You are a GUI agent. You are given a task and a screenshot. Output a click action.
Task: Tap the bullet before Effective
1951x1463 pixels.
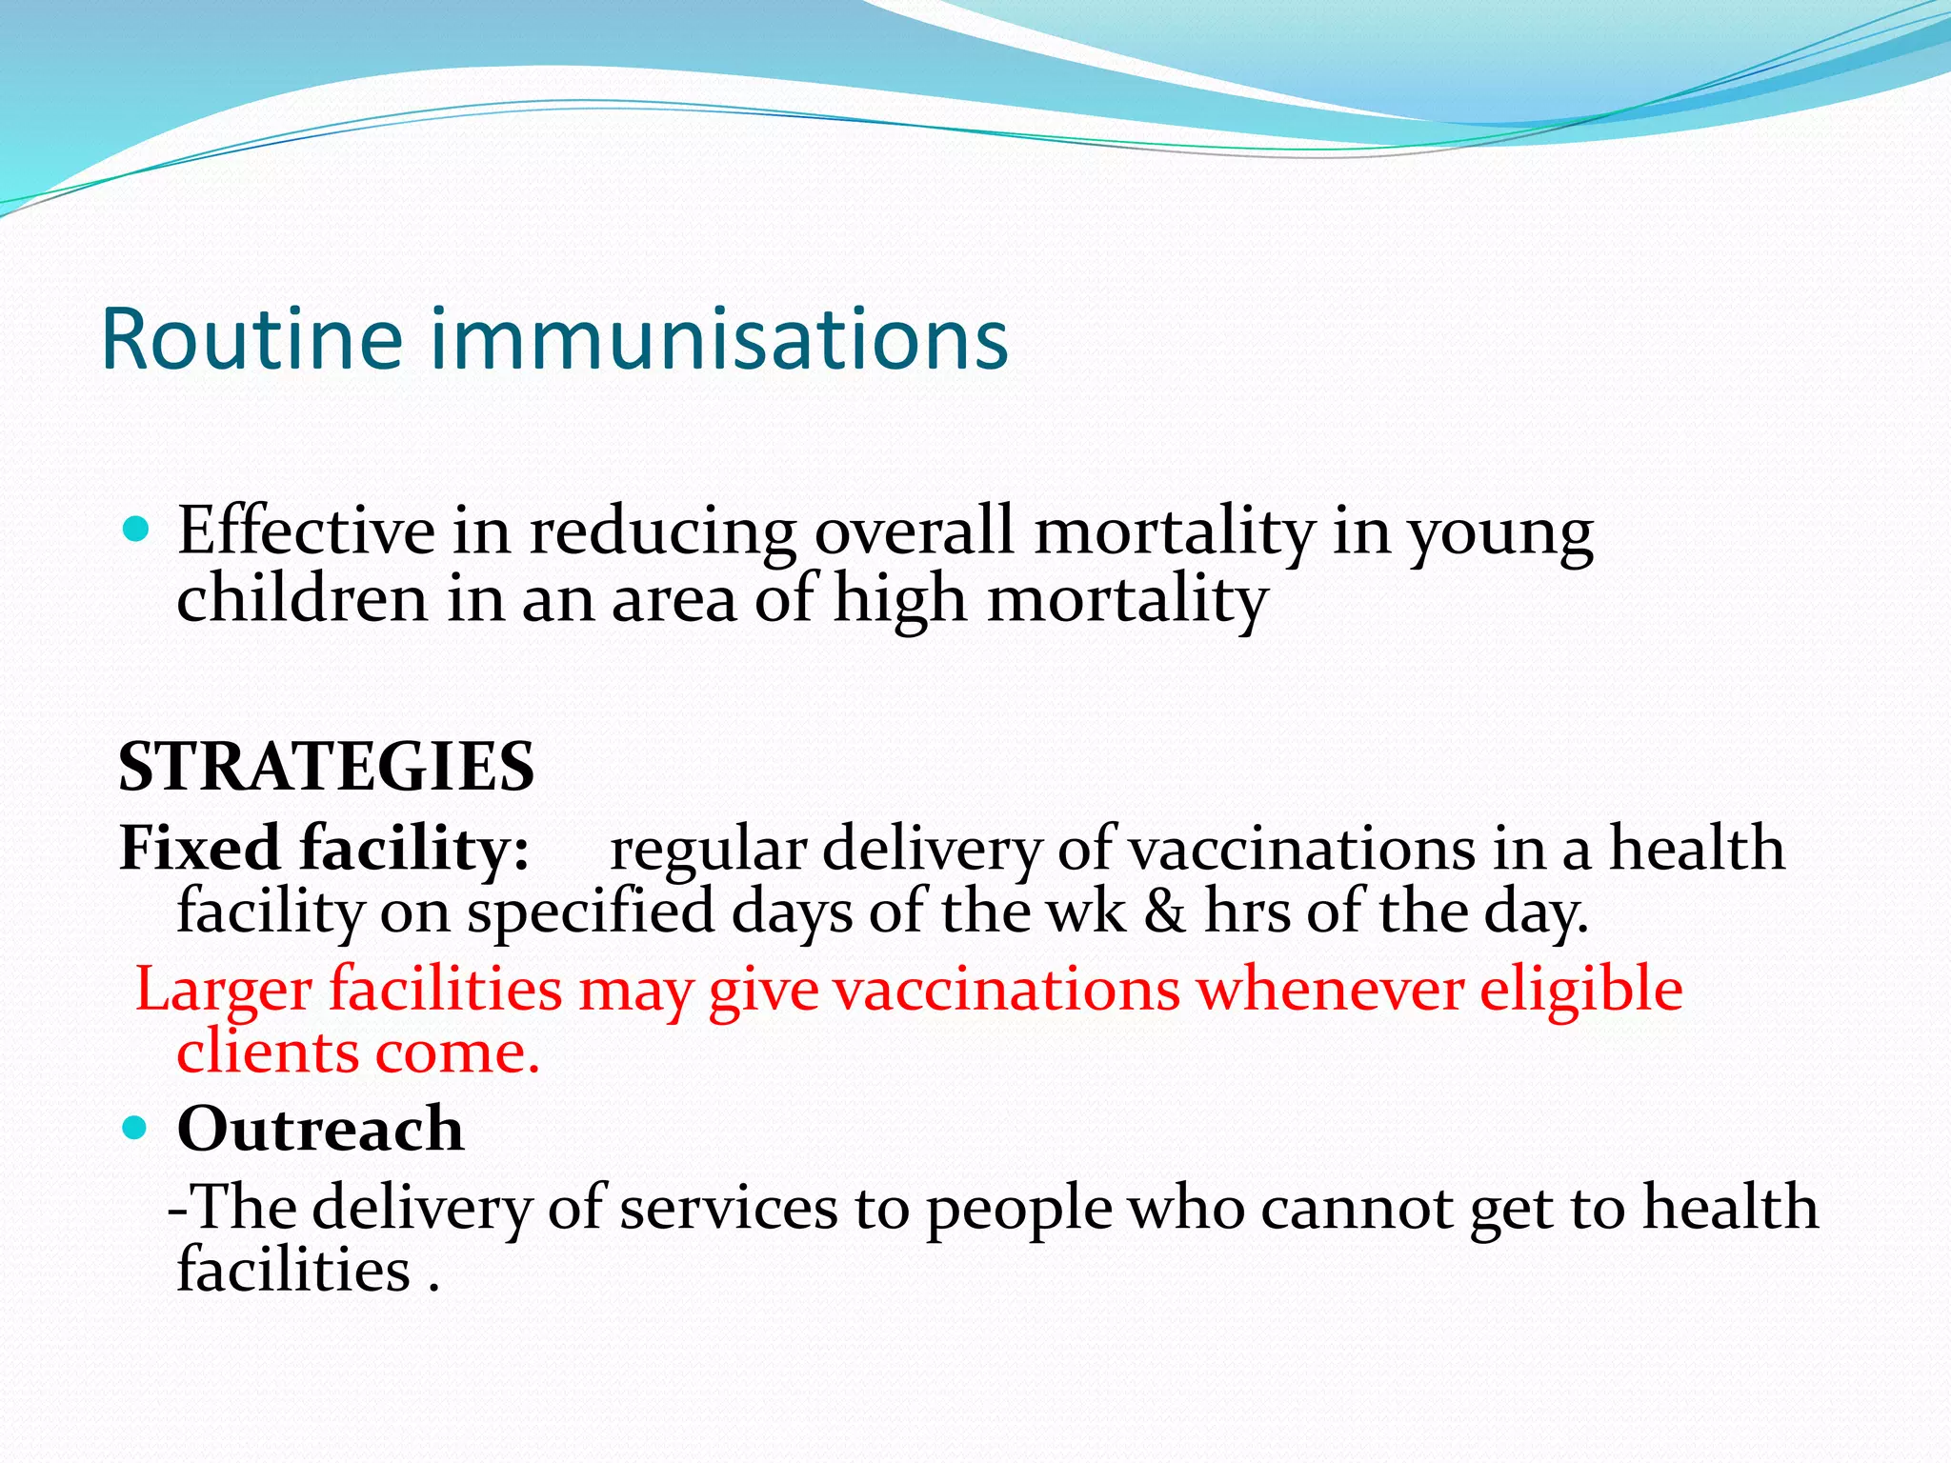tap(137, 530)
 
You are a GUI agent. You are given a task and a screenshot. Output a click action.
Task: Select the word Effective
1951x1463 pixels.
tap(306, 531)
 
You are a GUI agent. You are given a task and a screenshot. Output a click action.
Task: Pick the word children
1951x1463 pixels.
tap(302, 600)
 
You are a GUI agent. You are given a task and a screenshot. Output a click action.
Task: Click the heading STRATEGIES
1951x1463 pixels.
tap(326, 768)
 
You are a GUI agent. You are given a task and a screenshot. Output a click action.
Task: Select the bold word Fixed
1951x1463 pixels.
tap(199, 848)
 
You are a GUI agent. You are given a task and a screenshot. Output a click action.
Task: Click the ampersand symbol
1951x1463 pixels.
tap(1164, 912)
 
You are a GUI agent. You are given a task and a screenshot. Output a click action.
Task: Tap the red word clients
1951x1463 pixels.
tap(268, 1052)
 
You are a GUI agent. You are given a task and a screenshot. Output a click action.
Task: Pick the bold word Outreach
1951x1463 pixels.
tap(320, 1130)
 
